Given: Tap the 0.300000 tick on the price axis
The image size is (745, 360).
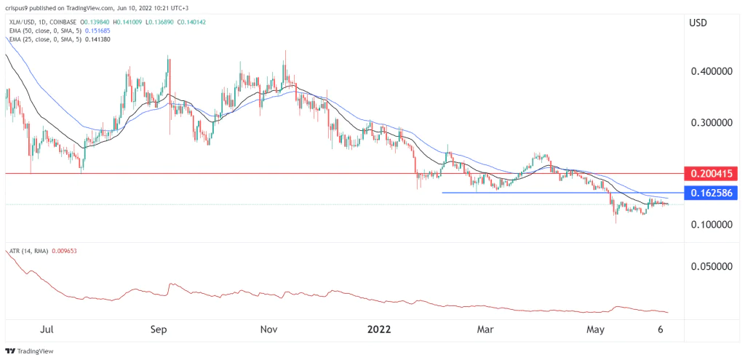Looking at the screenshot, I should (x=712, y=123).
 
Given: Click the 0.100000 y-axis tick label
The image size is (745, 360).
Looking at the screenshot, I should (x=712, y=225).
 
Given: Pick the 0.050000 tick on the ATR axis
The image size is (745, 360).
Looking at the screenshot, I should (x=712, y=266).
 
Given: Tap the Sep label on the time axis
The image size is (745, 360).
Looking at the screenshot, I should (x=159, y=329).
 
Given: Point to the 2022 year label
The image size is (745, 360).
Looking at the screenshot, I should (x=378, y=329).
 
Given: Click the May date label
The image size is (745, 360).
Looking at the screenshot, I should (x=596, y=329).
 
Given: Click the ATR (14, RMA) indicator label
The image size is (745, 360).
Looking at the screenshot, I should (x=28, y=251).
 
